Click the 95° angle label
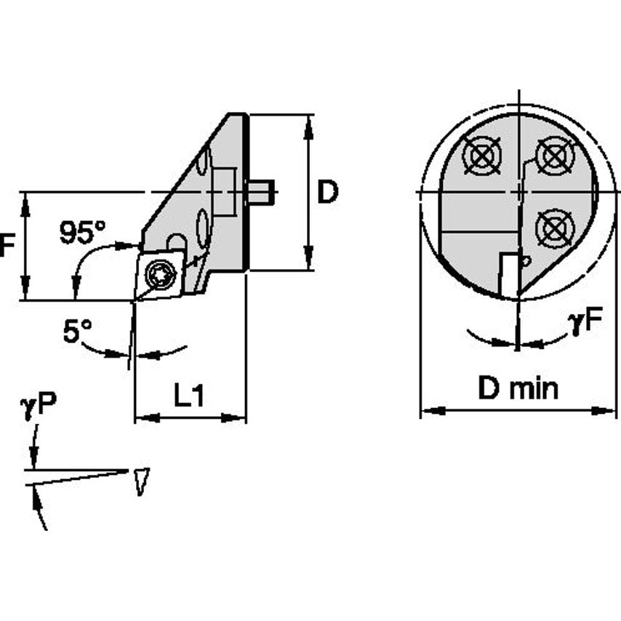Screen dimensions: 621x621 (82, 233)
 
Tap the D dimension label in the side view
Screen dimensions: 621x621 (328, 193)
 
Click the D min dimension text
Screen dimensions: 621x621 (518, 389)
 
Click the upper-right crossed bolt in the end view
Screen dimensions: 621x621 (553, 156)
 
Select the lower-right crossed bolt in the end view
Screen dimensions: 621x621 (554, 228)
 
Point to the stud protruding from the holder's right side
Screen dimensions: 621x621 (260, 192)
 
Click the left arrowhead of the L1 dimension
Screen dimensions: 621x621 (140, 417)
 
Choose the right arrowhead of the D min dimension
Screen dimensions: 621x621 (612, 411)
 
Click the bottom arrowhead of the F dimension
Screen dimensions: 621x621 (26, 294)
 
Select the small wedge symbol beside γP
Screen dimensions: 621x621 (140, 482)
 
